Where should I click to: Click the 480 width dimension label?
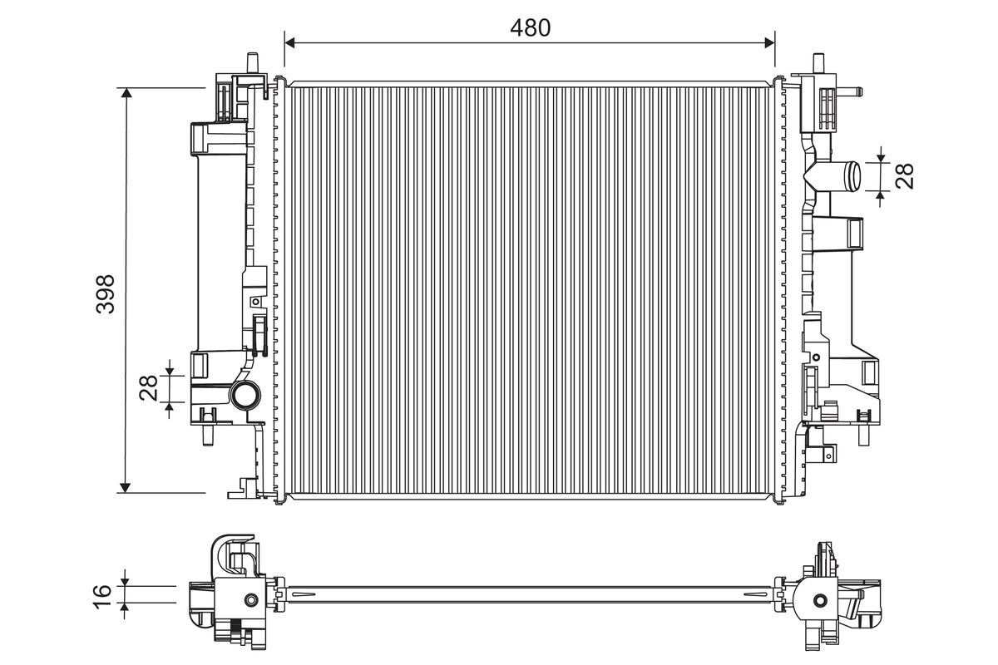(530, 28)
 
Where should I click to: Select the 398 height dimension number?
(106, 294)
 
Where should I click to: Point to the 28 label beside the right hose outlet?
(905, 176)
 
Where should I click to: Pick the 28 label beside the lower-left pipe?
(148, 388)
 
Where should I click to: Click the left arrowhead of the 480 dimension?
(289, 42)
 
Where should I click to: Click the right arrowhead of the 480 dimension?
(769, 42)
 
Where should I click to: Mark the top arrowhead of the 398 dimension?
(126, 92)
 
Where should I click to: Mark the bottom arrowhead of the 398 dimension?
(126, 488)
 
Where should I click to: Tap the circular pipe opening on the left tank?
(245, 395)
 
